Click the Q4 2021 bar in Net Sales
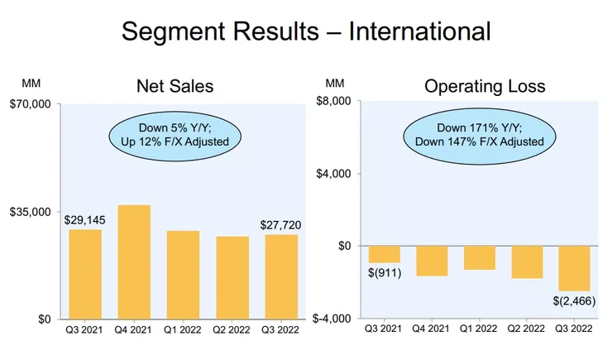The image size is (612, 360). (134, 262)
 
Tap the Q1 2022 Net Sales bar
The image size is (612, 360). (183, 275)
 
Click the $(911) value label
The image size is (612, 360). (384, 272)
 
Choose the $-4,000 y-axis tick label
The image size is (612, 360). (332, 319)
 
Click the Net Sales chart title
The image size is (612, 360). (175, 86)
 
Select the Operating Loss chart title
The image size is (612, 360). (485, 86)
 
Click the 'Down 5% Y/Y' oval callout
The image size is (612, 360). (175, 134)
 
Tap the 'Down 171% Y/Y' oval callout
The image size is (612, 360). (480, 134)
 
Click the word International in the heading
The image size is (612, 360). (420, 31)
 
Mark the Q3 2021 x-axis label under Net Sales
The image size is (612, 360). (85, 329)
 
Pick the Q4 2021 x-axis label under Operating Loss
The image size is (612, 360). (432, 329)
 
